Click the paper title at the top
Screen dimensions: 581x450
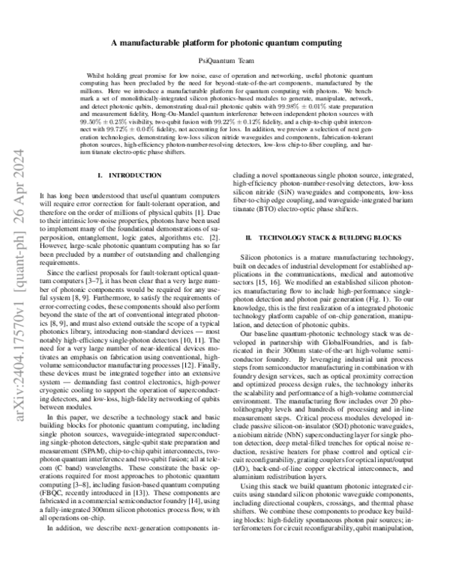(x=226, y=44)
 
